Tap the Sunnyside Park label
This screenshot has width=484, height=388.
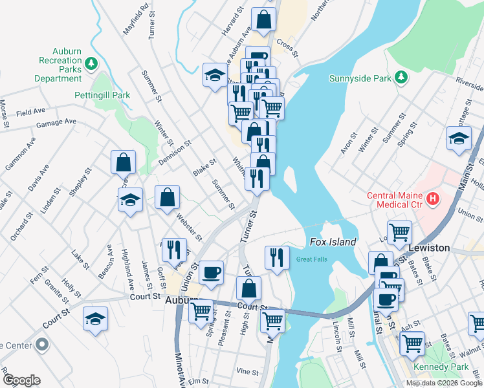coord(365,78)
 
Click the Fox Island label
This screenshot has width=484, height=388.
coord(333,242)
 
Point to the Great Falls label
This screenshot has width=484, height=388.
coord(313,260)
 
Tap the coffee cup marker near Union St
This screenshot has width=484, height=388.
coord(210,272)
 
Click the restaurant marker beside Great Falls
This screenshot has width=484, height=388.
coord(276,257)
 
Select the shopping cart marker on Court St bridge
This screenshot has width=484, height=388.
coord(272,319)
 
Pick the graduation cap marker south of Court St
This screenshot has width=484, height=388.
coord(95,318)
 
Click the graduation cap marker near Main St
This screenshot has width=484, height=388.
coord(459,138)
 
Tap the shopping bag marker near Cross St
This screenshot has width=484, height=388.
coord(263,19)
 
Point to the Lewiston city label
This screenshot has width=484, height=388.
coord(429,248)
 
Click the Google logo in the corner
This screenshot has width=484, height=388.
coord(21,380)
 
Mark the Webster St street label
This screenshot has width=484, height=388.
coord(188,224)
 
